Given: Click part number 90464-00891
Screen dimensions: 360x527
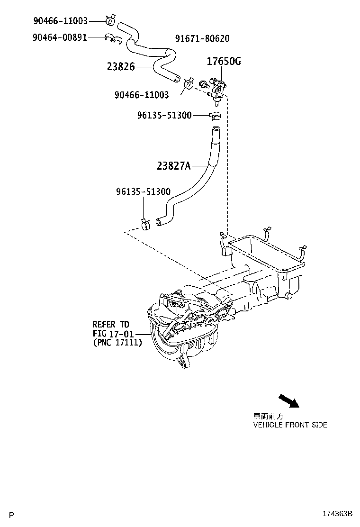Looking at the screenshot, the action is click(60, 37).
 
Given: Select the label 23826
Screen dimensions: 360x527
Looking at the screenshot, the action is click(121, 66).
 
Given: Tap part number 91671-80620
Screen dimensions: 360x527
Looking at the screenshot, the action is click(202, 39).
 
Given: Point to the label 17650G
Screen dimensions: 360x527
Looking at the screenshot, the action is click(224, 61).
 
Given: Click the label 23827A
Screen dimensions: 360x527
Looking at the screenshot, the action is click(174, 166).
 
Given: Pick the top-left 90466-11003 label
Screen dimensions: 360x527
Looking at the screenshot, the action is click(61, 21).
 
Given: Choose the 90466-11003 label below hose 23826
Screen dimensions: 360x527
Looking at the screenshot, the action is click(142, 95).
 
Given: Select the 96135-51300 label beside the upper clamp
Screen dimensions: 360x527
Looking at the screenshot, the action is click(164, 115).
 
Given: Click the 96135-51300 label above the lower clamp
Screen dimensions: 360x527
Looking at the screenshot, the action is click(144, 191).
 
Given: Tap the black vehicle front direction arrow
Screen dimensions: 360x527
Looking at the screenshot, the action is click(289, 400).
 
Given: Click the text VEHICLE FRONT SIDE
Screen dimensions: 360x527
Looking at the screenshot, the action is click(290, 425).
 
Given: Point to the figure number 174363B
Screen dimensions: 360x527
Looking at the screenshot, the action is click(337, 514).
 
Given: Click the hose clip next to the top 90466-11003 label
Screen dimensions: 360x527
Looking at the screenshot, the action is click(110, 20).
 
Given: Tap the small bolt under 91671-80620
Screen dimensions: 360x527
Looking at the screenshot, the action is click(203, 83).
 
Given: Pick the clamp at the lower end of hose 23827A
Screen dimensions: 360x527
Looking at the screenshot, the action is click(145, 224).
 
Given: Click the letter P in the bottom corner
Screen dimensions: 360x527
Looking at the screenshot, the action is click(12, 515).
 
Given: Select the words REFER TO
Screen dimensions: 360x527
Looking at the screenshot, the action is click(111, 325).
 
